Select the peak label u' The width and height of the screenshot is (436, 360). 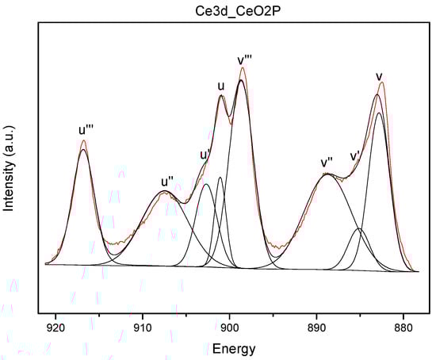(204, 154)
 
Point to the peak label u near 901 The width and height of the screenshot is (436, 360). (221, 86)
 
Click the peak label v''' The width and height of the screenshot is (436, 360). (246, 60)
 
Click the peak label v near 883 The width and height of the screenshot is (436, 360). (380, 76)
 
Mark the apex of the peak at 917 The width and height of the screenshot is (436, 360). (83, 141)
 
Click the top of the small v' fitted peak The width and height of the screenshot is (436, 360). (360, 229)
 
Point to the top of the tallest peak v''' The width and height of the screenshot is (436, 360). (242, 69)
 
